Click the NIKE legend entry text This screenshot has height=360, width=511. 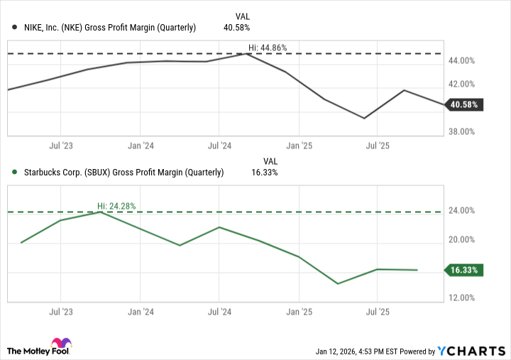104,28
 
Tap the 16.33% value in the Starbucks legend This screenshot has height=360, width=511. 265,172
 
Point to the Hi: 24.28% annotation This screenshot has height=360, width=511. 116,206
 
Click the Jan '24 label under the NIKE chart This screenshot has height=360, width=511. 140,146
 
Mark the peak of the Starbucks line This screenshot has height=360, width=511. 101,212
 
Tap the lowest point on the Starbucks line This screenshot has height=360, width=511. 338,283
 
